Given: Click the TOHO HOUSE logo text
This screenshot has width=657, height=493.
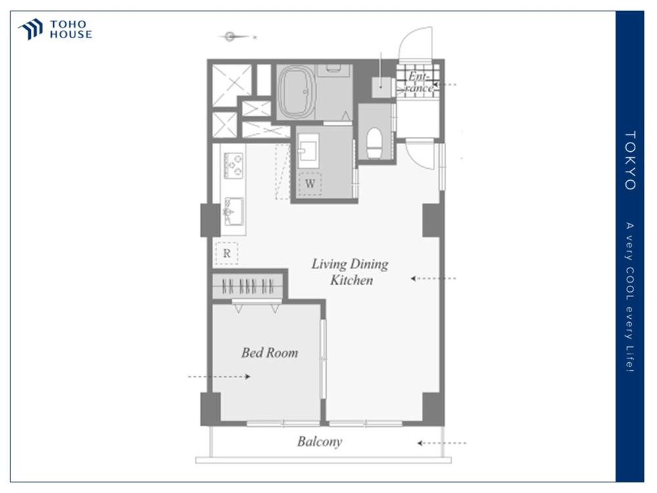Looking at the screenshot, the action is coord(71,30).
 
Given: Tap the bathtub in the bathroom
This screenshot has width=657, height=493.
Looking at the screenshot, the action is coord(297,92).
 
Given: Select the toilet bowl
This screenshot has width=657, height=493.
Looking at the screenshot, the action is coord(374,143).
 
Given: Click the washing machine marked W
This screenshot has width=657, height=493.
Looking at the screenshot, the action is coord(310,183).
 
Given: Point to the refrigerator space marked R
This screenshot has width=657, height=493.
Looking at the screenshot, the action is coord(227,253).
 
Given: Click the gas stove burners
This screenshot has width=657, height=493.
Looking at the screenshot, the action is coord(233,165).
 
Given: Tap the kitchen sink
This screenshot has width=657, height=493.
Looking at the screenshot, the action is coord(233,211).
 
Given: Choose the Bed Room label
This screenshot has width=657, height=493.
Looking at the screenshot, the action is coord(270,352).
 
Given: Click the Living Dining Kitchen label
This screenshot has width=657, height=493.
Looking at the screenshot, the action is coord(350,271).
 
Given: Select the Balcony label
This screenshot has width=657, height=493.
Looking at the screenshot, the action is coord(320,442).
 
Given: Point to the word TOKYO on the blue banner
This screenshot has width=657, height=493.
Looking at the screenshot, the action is coord(630,160).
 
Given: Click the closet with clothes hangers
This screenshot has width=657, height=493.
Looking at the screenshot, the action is coord(248,287).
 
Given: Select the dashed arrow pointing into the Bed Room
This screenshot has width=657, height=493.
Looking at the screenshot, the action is coord(219,377).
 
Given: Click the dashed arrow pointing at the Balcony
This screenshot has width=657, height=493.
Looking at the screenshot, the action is coord(442,442).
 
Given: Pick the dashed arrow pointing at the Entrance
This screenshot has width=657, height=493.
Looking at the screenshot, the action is coord(444,84).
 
